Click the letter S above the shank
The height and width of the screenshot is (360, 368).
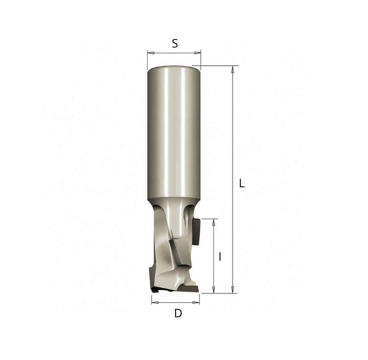tap(175, 43)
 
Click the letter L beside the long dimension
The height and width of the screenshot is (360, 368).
tap(242, 183)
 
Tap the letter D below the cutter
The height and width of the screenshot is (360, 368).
tap(178, 313)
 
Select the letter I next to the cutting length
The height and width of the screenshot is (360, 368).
tap(220, 257)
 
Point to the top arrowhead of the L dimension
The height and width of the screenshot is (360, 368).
tap(232, 69)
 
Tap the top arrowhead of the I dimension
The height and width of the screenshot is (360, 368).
tap(213, 222)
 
